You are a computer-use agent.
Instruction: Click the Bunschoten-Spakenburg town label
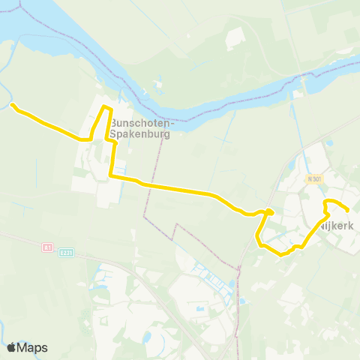click(x=139, y=128)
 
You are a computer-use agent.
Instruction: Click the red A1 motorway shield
click(x=47, y=246)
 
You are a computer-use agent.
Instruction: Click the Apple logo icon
click(x=11, y=347)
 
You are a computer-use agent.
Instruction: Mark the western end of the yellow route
click(x=13, y=106)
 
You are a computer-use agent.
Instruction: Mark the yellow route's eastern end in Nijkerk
click(x=348, y=211)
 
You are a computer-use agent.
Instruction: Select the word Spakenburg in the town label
click(x=139, y=135)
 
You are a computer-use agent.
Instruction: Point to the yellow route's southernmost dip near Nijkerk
click(x=281, y=254)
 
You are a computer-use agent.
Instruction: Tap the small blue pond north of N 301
click(x=328, y=142)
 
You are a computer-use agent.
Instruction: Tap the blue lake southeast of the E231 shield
click(x=97, y=283)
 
